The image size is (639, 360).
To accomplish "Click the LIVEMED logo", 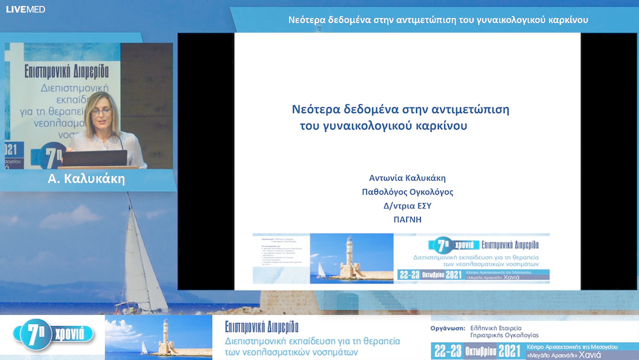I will click(x=25, y=9).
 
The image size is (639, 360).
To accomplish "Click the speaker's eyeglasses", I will click(x=101, y=111).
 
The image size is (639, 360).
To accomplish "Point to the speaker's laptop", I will click(x=93, y=158).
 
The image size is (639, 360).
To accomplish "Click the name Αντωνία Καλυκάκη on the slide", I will click(x=407, y=178).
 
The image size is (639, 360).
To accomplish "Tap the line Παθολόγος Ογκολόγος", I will click(x=407, y=192).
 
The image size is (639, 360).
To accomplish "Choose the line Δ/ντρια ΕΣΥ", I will click(x=407, y=206).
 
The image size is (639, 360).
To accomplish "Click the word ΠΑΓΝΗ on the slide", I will click(x=407, y=220).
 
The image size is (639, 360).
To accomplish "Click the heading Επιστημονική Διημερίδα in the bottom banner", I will click(x=262, y=327).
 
